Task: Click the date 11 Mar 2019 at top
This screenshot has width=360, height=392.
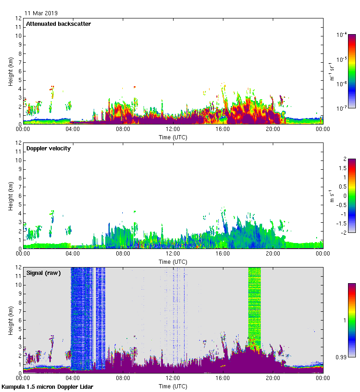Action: click(41, 13)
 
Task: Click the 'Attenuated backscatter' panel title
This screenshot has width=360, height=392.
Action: click(58, 24)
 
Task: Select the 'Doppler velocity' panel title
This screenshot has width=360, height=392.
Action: click(48, 148)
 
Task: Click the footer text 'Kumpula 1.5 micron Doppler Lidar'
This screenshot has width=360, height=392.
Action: click(47, 386)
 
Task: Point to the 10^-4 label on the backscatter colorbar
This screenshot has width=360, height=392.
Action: click(342, 35)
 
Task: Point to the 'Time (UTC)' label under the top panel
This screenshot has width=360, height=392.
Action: click(173, 137)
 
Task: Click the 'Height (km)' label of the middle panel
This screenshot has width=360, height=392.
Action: click(11, 196)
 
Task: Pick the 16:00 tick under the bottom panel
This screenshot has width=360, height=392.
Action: click(223, 378)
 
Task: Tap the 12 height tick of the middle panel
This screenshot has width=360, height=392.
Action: click(19, 143)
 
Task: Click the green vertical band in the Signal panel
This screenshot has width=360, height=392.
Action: click(254, 304)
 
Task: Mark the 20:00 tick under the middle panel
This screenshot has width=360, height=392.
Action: click(273, 254)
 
